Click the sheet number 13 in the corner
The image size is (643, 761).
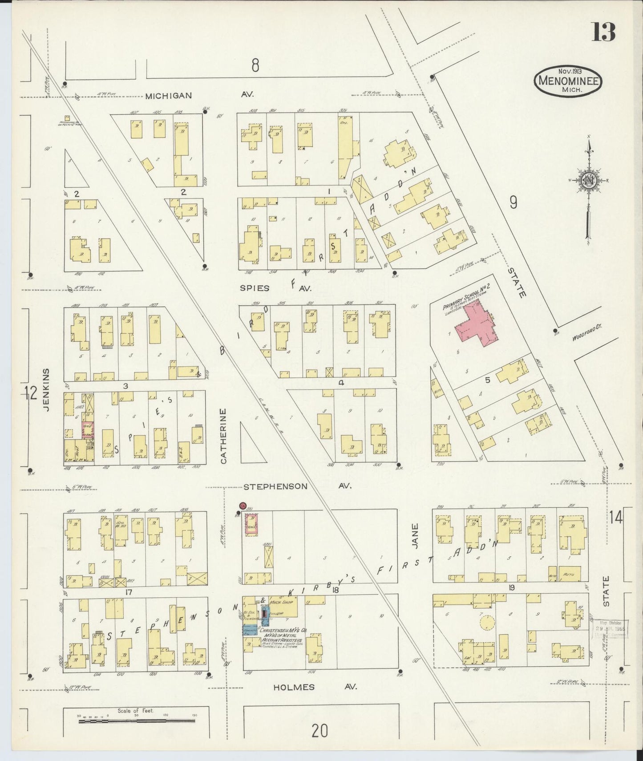(603, 32)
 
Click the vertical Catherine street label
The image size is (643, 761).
(223, 436)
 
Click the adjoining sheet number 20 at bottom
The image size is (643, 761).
(319, 730)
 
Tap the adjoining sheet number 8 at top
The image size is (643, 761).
(255, 66)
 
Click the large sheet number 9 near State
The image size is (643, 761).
(513, 202)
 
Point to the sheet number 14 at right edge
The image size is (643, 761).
(617, 518)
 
